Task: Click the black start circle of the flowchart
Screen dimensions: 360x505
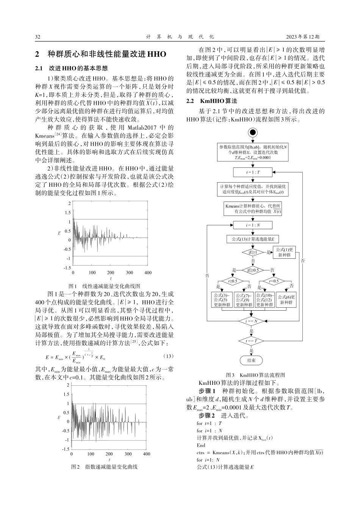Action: [x=253, y=132]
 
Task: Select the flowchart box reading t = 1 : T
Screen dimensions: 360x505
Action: [x=253, y=172]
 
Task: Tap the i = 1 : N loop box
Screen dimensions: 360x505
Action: [x=253, y=225]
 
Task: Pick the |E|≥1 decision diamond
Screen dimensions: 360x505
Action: [x=253, y=252]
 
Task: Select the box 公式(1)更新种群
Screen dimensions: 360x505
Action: [x=284, y=252]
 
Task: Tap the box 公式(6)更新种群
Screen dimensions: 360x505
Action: [x=286, y=300]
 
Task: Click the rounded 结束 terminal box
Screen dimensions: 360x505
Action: [x=251, y=360]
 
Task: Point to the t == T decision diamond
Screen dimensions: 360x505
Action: [x=252, y=341]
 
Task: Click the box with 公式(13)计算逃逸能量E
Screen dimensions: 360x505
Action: [x=253, y=239]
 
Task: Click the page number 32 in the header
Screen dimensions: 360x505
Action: [x=38, y=37]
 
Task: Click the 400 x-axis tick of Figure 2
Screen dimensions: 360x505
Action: [x=146, y=454]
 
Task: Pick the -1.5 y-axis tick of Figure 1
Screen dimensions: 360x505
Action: [x=67, y=267]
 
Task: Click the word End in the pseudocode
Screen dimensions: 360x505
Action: [x=201, y=445]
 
